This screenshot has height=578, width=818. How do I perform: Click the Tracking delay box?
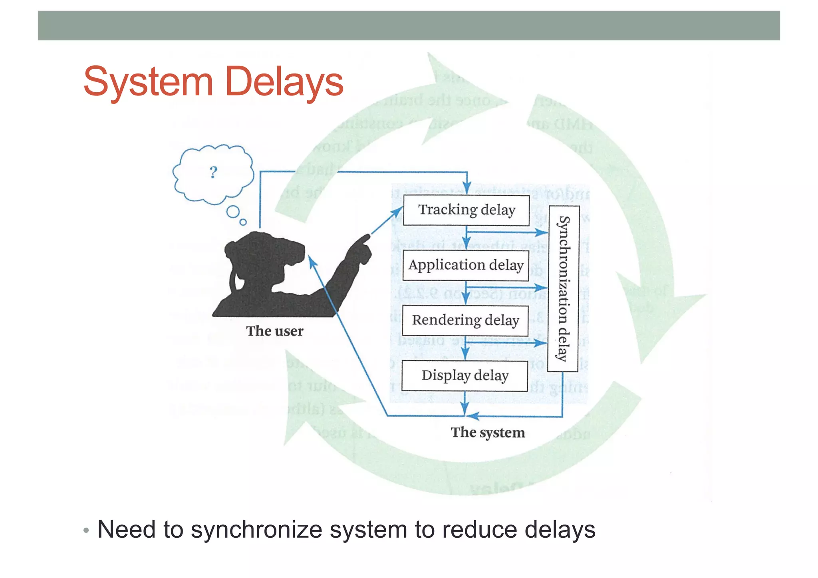[466, 210]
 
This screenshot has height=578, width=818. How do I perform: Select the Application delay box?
[466, 265]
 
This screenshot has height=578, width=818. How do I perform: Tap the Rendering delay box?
[465, 320]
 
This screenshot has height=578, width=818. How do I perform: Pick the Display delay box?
[465, 376]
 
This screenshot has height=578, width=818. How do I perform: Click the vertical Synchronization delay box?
[564, 288]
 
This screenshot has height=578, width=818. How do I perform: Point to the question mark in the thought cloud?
[213, 172]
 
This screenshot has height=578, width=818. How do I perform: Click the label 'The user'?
[274, 331]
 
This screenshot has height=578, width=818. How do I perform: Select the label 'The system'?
[488, 433]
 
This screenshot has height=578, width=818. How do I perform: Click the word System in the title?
[148, 82]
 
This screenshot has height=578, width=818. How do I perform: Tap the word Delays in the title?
[284, 81]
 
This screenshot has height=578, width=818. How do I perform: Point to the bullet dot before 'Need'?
[86, 531]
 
